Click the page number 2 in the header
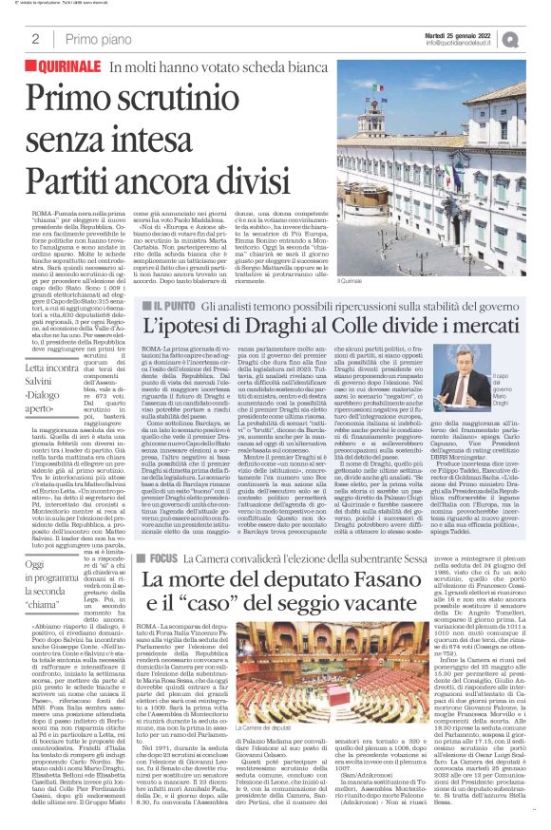35,39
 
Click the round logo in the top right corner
537,38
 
